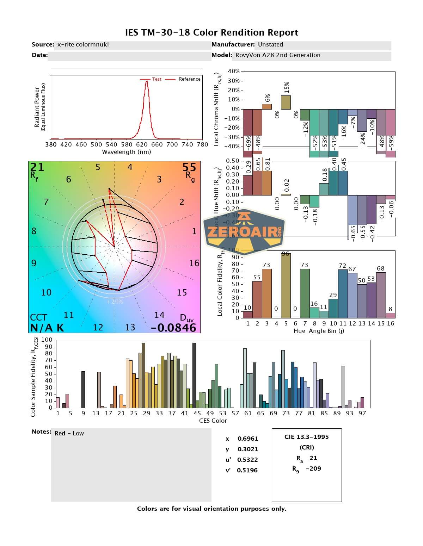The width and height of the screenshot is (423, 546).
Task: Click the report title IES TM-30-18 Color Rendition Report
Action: click(x=211, y=33)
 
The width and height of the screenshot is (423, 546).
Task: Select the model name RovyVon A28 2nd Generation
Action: click(x=278, y=55)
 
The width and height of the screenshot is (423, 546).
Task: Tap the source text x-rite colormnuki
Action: click(x=83, y=44)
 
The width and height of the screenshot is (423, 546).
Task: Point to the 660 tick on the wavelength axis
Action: click(x=157, y=144)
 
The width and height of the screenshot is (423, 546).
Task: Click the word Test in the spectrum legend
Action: click(x=157, y=79)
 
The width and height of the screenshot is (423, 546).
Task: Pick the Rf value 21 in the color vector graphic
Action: click(x=37, y=167)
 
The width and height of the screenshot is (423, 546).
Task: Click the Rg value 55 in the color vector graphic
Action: click(x=189, y=167)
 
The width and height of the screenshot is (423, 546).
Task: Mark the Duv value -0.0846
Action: click(x=173, y=328)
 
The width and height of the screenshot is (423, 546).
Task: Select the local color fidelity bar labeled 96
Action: click(x=286, y=285)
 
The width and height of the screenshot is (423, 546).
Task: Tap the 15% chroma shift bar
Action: click(x=286, y=102)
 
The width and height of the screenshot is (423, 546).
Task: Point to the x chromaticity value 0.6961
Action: click(x=248, y=439)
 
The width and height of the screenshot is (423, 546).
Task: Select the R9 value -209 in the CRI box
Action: click(x=313, y=469)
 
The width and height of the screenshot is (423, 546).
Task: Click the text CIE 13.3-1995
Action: click(x=306, y=437)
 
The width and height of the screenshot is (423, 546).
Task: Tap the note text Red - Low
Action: click(x=69, y=433)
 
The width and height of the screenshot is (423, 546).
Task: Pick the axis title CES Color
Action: click(x=213, y=421)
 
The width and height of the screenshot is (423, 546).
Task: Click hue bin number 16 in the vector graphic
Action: click(x=194, y=263)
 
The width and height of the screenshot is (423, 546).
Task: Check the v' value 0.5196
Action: click(x=247, y=470)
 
